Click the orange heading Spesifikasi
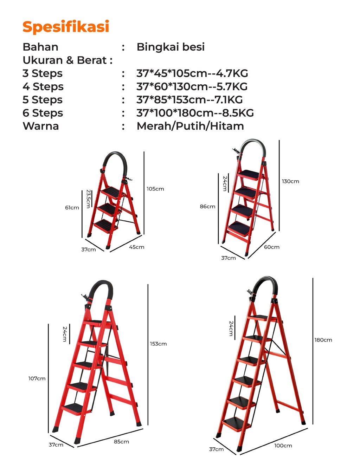66,27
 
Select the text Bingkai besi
171,47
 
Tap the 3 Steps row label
43,74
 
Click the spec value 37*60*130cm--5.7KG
192,86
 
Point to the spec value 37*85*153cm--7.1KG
189,100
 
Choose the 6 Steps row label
43,113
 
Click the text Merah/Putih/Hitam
190,126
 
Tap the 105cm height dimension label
155,189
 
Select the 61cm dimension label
72,207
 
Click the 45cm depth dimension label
136,247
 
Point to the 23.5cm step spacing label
89,199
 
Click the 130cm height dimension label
290,181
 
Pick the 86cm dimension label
207,206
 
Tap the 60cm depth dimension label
271,247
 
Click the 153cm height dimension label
158,344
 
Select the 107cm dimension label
37,378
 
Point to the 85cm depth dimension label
121,441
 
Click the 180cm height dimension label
323,340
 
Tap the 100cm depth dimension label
283,446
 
